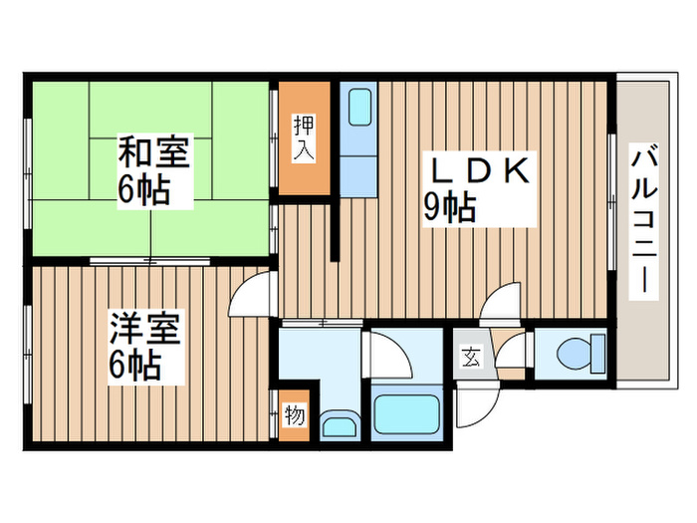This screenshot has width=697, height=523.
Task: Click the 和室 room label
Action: coord(153,154)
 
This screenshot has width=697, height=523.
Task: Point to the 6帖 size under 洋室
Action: coord(134,367)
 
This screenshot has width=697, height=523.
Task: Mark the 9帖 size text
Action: coord(449,207)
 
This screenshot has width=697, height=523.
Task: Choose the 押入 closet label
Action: coord(304,139)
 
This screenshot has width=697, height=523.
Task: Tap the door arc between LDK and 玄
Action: coord(500,302)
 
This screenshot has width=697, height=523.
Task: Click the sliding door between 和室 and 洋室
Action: coord(149,261)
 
